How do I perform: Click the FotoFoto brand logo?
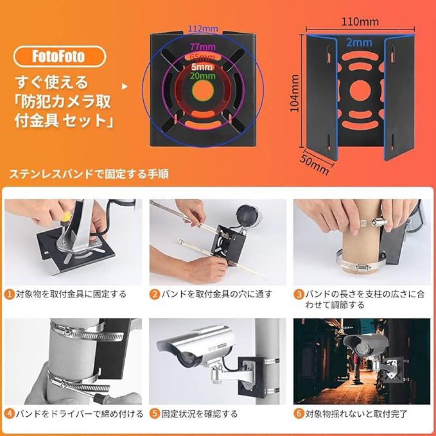(59, 56)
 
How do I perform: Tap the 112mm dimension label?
(204, 29)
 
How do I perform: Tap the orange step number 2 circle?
(154, 294)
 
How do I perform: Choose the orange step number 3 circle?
(298, 294)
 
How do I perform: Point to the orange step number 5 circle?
(154, 414)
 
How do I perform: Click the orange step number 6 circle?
(298, 414)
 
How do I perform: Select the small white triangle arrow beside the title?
(124, 86)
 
